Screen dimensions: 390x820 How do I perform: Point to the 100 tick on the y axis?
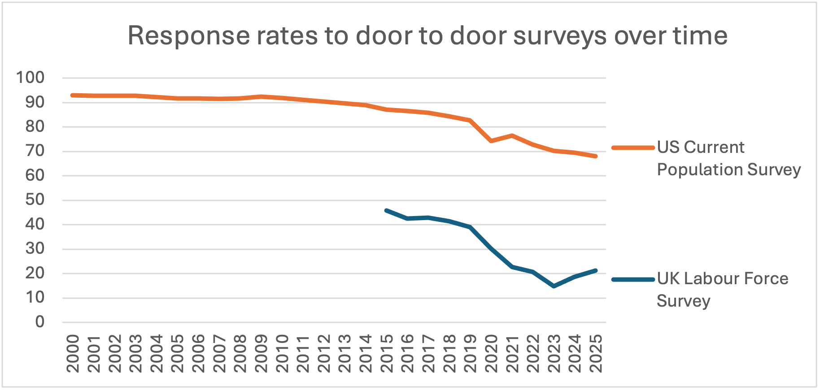pos(31,78)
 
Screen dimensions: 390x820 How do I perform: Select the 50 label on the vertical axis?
pos(35,199)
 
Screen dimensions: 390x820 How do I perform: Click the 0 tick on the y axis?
pos(40,321)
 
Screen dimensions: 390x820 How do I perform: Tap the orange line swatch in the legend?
pos(633,147)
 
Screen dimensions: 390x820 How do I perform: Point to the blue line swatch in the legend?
pos(633,279)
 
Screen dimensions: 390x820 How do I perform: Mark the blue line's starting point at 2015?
pos(387,210)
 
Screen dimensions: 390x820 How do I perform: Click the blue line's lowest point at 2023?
pos(554,286)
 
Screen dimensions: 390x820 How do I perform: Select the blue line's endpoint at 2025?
pos(596,270)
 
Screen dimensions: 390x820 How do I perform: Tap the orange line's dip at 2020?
pos(491,141)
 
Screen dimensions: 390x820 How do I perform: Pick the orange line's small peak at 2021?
pos(512,135)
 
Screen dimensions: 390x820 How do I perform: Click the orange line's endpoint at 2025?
pos(596,156)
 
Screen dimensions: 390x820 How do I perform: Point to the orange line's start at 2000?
pos(73,95)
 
